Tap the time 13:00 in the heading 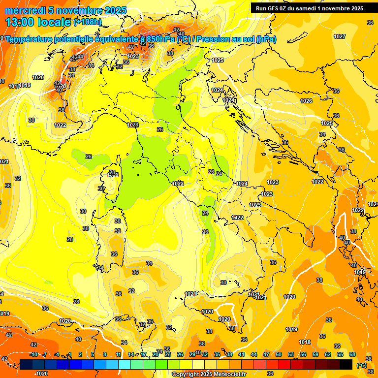pos(19,22)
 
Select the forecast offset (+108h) pos(88,22)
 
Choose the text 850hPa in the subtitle pos(161,39)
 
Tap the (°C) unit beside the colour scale pos(361,365)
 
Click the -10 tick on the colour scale pos(33,354)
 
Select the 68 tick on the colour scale pos(352,354)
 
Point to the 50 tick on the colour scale pos(279,354)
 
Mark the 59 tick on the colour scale pos(315,354)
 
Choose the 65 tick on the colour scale pos(340,354)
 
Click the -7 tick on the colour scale pos(45,354)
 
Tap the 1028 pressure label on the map pos(133,125)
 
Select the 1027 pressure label pos(339,36)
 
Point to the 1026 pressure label pos(306,101)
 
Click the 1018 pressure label pos(305,342)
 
